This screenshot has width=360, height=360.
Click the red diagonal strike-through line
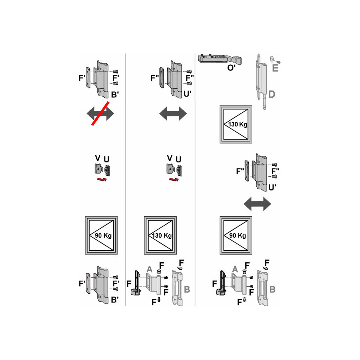(x=100, y=113)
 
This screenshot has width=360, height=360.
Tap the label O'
(x=231, y=68)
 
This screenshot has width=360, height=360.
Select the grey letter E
(x=275, y=68)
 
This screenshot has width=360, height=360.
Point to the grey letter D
(x=272, y=94)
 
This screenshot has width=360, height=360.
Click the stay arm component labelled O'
(x=220, y=59)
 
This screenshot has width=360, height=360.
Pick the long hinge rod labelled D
(x=261, y=82)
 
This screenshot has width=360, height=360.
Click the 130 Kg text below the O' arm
(x=238, y=124)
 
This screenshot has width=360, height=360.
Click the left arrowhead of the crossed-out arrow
(x=91, y=113)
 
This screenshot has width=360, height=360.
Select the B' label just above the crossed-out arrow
(x=115, y=95)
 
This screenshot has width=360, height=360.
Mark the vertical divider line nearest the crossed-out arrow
(x=125, y=180)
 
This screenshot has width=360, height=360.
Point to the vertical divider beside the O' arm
(x=195, y=180)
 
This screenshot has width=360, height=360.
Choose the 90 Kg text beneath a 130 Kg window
(x=238, y=235)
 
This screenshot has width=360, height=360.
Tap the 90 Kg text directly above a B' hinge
(x=103, y=235)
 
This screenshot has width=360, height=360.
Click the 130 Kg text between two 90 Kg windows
(x=162, y=235)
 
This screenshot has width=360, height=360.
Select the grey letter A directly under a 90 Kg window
(x=235, y=269)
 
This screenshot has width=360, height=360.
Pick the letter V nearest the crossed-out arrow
(x=98, y=158)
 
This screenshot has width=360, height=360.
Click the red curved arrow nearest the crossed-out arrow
(x=102, y=179)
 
